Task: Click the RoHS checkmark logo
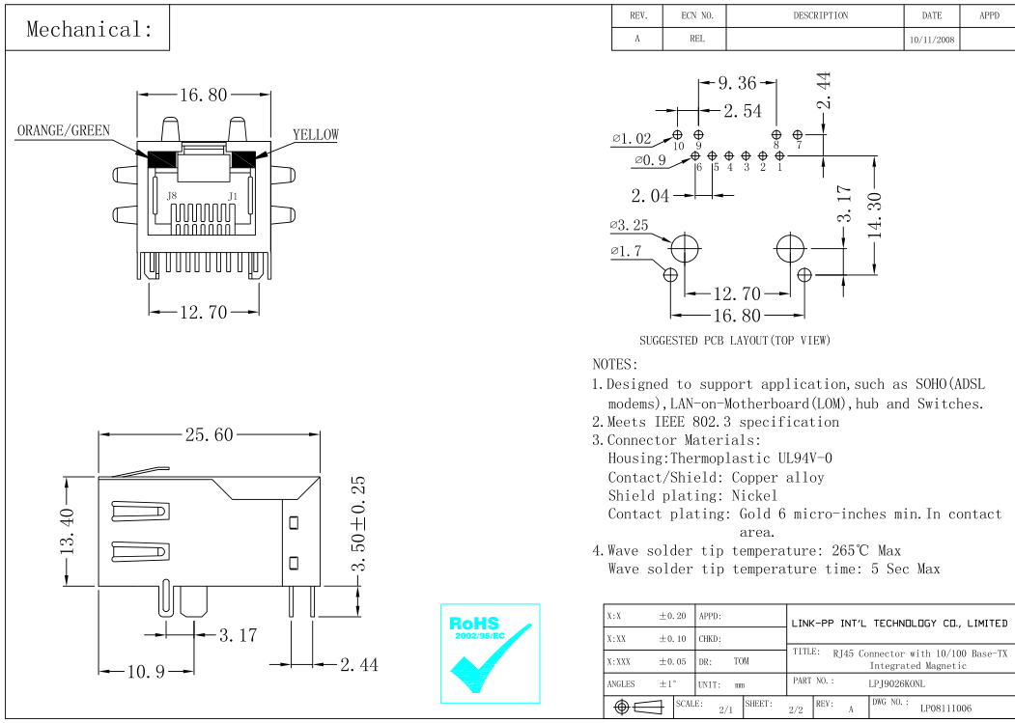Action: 490,653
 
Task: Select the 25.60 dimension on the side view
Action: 209,435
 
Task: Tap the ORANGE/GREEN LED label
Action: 64,131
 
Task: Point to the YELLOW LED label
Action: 316,135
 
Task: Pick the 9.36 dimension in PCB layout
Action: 737,84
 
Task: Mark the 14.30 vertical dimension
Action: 875,215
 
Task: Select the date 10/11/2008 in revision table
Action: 932,40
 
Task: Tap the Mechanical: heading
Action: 89,29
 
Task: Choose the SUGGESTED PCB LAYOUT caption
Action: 734,340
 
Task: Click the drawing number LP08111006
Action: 945,709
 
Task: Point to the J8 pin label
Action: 172,196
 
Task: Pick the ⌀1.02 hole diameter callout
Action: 632,139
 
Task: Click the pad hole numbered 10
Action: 678,135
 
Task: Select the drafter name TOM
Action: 741,661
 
